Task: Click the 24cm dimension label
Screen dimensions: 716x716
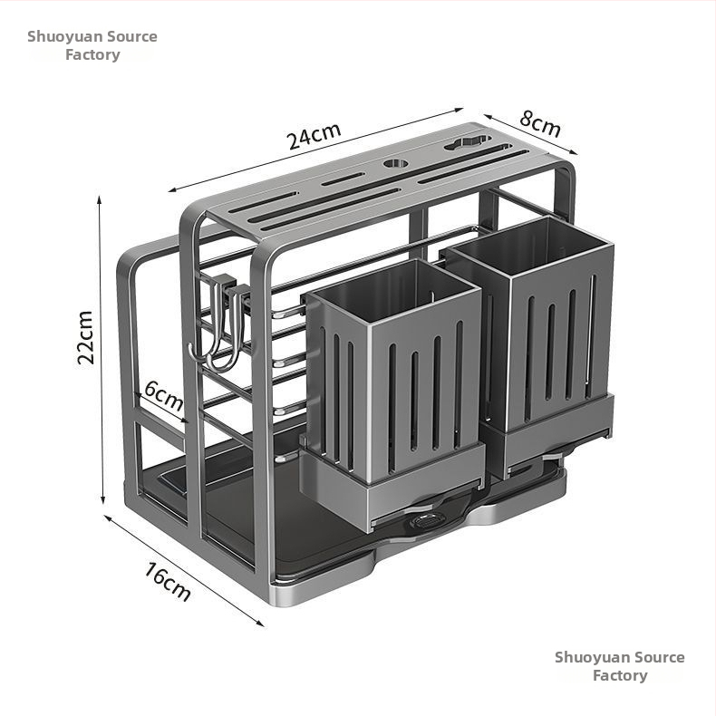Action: point(314,135)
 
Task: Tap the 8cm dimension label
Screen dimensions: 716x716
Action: point(540,123)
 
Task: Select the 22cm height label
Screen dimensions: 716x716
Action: point(85,337)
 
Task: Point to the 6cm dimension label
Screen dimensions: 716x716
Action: point(163,395)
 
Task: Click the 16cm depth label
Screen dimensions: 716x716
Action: point(168,581)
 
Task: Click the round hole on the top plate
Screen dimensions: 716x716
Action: point(396,163)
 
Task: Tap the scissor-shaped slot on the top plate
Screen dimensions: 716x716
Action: point(468,142)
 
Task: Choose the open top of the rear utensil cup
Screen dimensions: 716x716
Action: point(529,247)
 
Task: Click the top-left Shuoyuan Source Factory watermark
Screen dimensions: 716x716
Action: point(92,45)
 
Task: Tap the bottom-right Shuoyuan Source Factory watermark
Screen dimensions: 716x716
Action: point(620,666)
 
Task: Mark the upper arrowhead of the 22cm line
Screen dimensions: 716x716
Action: point(99,200)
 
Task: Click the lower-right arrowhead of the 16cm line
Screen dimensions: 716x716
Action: point(259,623)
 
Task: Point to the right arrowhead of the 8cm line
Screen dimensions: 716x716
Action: point(572,151)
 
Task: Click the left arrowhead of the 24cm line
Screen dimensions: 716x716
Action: point(173,190)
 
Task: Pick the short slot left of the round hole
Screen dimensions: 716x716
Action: point(343,179)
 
